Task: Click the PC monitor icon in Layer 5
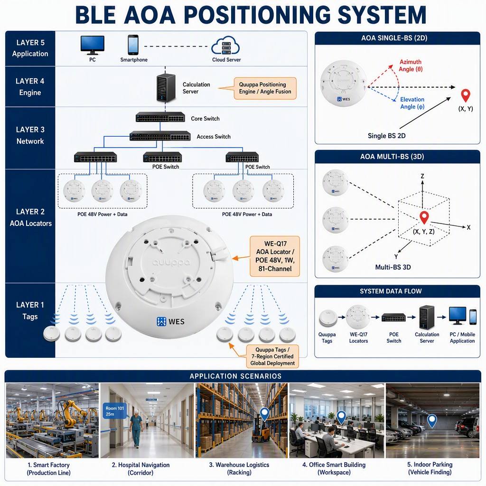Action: [93, 45]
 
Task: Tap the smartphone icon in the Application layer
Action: [133, 45]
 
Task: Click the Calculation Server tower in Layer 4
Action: [166, 88]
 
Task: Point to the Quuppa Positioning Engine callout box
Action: [265, 88]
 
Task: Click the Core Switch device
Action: [160, 117]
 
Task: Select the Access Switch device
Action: [160, 136]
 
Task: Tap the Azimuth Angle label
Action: [411, 65]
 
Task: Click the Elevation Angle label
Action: [412, 103]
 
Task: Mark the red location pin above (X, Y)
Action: [466, 95]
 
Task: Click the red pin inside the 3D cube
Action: [424, 217]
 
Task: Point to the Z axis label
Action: [422, 176]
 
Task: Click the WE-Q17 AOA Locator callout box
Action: [275, 256]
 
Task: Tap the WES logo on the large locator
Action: [170, 321]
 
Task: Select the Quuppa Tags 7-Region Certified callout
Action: [272, 356]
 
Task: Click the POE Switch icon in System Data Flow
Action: [393, 318]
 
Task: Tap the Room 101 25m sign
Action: [114, 411]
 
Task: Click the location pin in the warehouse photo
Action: [264, 414]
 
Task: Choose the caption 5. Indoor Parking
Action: [430, 464]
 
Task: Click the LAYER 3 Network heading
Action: [30, 135]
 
